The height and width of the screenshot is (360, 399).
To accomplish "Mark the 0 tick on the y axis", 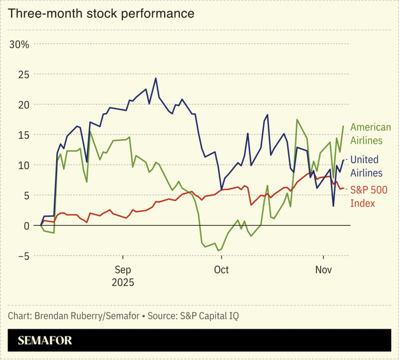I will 25,226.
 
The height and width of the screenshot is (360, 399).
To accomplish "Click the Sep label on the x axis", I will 123,269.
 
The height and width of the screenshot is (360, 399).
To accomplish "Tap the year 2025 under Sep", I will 123,282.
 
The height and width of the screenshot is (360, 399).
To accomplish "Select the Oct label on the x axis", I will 221,269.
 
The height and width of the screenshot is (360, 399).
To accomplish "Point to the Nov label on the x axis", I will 323,269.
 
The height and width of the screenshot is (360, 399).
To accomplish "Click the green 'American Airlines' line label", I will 370,134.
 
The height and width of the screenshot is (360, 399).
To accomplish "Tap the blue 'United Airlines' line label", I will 366,166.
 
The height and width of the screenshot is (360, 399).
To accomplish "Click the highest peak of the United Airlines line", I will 155,78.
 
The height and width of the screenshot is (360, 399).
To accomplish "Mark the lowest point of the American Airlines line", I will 218,250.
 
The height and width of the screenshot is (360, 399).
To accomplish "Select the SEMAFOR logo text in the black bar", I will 45,341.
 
